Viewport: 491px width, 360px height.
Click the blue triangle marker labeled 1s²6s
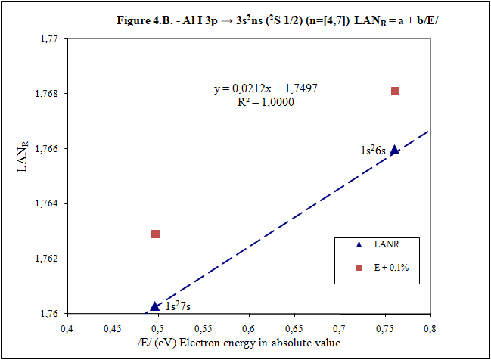pyautogui.click(x=394, y=150)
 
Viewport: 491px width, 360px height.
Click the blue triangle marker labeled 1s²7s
pyautogui.click(x=155, y=306)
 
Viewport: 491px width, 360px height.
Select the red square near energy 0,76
pyautogui.click(x=395, y=92)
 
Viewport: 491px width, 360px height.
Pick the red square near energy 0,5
pyautogui.click(x=156, y=234)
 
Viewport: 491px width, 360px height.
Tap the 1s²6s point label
pyautogui.click(x=373, y=151)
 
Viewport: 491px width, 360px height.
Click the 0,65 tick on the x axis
pyautogui.click(x=294, y=328)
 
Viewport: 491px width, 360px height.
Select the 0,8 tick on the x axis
pyautogui.click(x=430, y=328)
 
